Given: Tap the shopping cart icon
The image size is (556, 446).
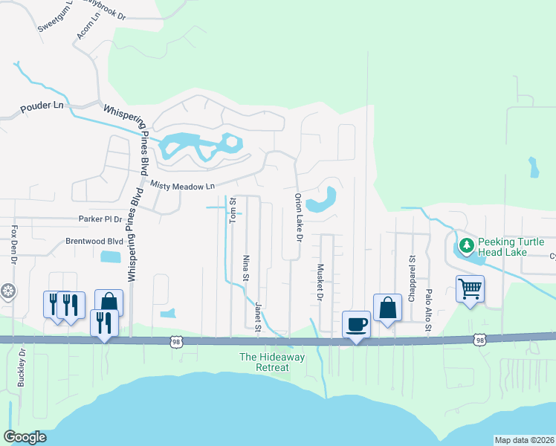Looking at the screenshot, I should (x=470, y=288).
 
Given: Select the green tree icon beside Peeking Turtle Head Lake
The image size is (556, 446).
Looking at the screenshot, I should (x=466, y=245).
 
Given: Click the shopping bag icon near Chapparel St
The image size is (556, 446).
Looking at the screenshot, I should (x=387, y=307).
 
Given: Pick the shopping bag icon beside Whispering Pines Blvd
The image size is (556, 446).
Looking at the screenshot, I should (x=109, y=303).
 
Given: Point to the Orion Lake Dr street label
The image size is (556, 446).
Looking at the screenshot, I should (x=299, y=218).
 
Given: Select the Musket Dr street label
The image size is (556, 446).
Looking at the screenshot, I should (x=320, y=282).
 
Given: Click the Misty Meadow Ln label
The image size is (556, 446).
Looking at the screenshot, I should (x=182, y=185).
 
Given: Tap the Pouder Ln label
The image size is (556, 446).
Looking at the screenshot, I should (x=43, y=106).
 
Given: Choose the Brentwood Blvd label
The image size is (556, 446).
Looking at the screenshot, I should (x=94, y=242).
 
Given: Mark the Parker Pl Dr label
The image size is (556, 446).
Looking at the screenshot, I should (x=100, y=219).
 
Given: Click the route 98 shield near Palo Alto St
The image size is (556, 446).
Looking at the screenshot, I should (x=479, y=340).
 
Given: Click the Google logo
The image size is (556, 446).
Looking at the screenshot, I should (x=25, y=437).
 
